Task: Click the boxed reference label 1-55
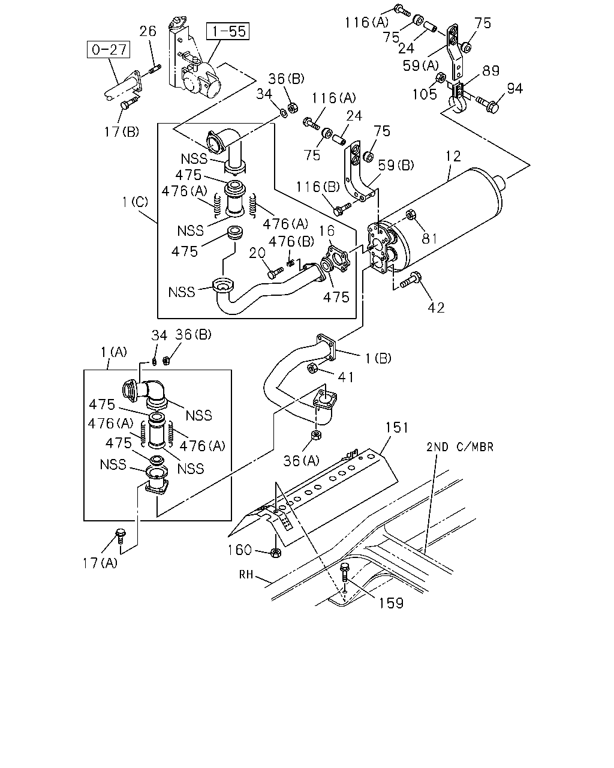coord(228,31)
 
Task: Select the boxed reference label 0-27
coord(109,49)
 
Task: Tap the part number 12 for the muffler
coord(453,156)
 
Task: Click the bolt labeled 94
coord(487,104)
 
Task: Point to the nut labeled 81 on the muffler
coord(411,214)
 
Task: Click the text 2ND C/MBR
coord(459,447)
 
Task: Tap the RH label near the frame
coord(246,575)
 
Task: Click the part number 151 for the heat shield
coord(396,427)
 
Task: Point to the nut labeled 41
coord(312,368)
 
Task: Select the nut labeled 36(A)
coord(316,434)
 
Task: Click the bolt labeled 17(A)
coord(121,536)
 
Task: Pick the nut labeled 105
coord(441,77)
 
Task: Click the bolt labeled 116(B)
coord(342,209)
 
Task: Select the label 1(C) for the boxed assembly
coord(135,202)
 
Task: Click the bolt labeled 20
coord(275,274)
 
